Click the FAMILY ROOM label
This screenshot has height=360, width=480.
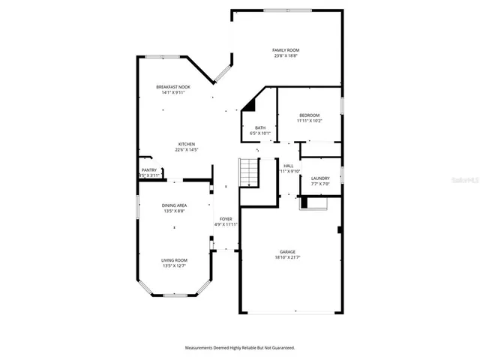click(x=288, y=50)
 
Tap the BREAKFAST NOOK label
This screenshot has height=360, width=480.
click(x=173, y=87)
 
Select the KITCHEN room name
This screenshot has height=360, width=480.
click(x=186, y=144)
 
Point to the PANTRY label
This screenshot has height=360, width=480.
click(x=149, y=170)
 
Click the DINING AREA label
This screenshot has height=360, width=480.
click(x=174, y=205)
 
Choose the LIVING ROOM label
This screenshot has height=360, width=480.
click(x=174, y=260)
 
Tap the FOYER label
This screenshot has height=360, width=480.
click(x=226, y=218)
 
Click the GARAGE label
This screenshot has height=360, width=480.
click(x=288, y=252)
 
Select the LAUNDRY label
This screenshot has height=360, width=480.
click(x=320, y=178)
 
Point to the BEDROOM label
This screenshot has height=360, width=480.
click(x=309, y=115)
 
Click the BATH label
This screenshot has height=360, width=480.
click(x=260, y=127)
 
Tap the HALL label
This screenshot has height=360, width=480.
click(x=289, y=166)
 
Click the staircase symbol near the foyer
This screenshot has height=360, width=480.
click(x=248, y=173)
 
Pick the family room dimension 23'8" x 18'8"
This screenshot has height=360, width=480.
click(x=288, y=55)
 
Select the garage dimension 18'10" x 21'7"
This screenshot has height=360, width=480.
click(x=288, y=258)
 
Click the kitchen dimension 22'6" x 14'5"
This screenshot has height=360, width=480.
click(x=186, y=150)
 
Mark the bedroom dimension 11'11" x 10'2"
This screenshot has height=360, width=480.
click(x=309, y=121)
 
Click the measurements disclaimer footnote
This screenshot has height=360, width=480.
click(x=240, y=348)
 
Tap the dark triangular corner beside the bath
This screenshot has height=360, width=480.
click(x=249, y=106)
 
